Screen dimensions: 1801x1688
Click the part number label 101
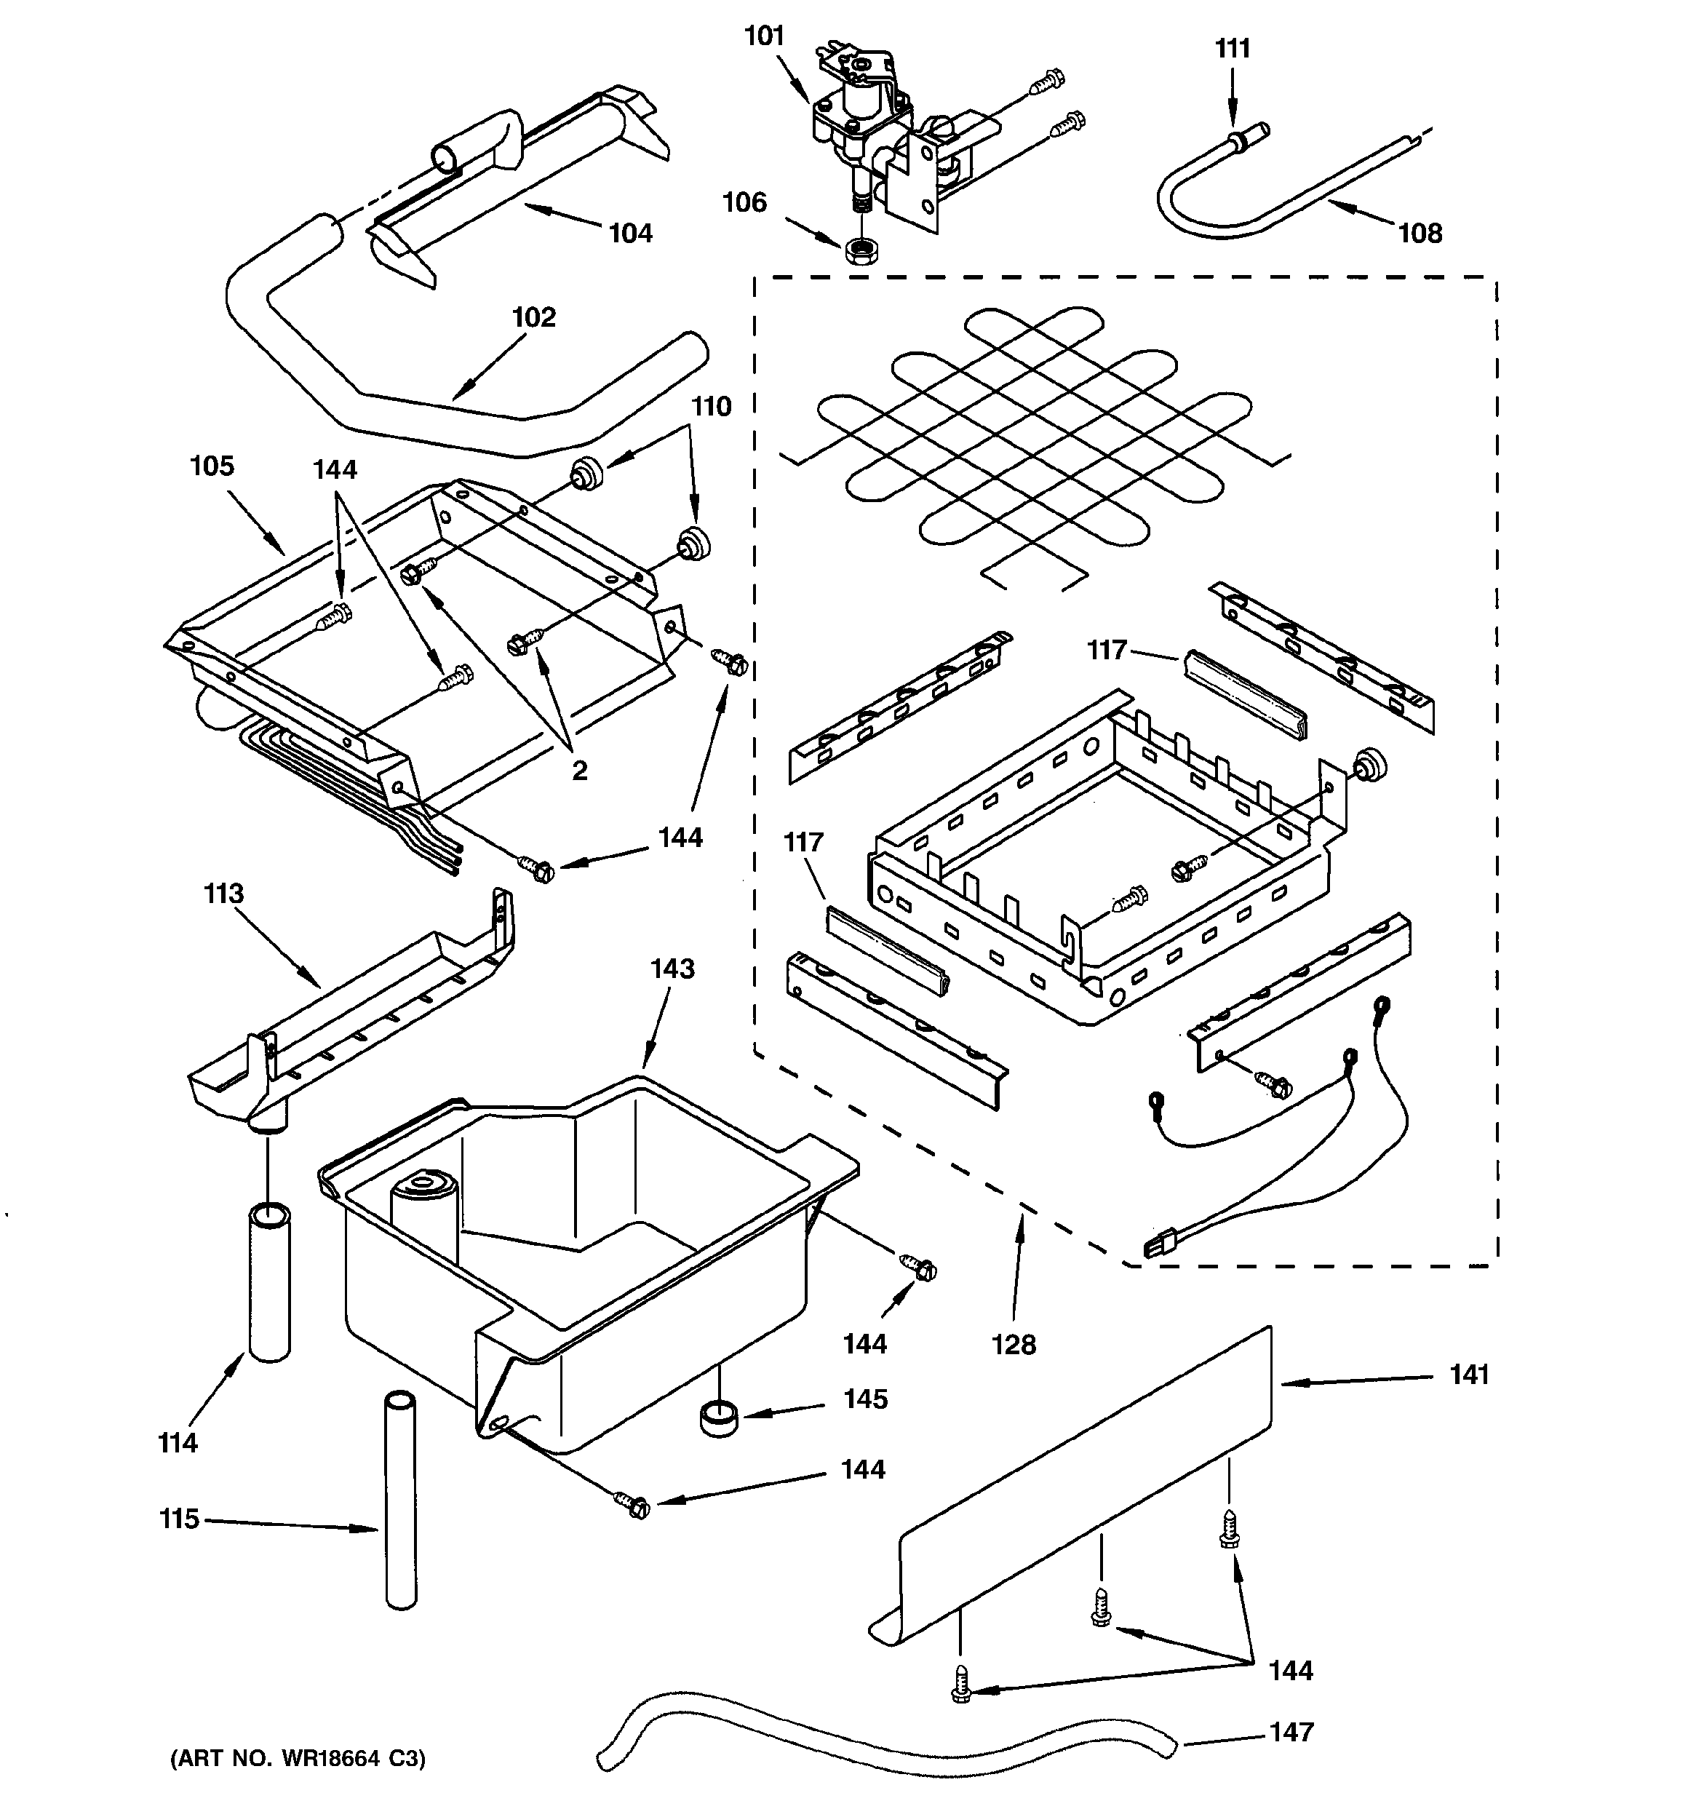[763, 36]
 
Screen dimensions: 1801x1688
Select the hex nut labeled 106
[857, 250]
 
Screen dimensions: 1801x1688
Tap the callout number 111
[1233, 48]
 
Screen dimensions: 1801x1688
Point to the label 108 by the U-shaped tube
[1420, 234]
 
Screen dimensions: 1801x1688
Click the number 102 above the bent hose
[533, 318]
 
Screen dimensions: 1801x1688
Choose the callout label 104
[631, 234]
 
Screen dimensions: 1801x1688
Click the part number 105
[212, 466]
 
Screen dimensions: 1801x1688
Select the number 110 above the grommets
[712, 407]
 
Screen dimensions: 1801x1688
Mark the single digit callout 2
[579, 771]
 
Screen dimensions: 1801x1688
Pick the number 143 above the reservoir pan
[672, 969]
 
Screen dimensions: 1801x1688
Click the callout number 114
[178, 1443]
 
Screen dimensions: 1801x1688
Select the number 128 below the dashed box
[1013, 1345]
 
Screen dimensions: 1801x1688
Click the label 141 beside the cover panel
[1469, 1375]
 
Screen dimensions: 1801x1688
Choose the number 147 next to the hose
[1291, 1732]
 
